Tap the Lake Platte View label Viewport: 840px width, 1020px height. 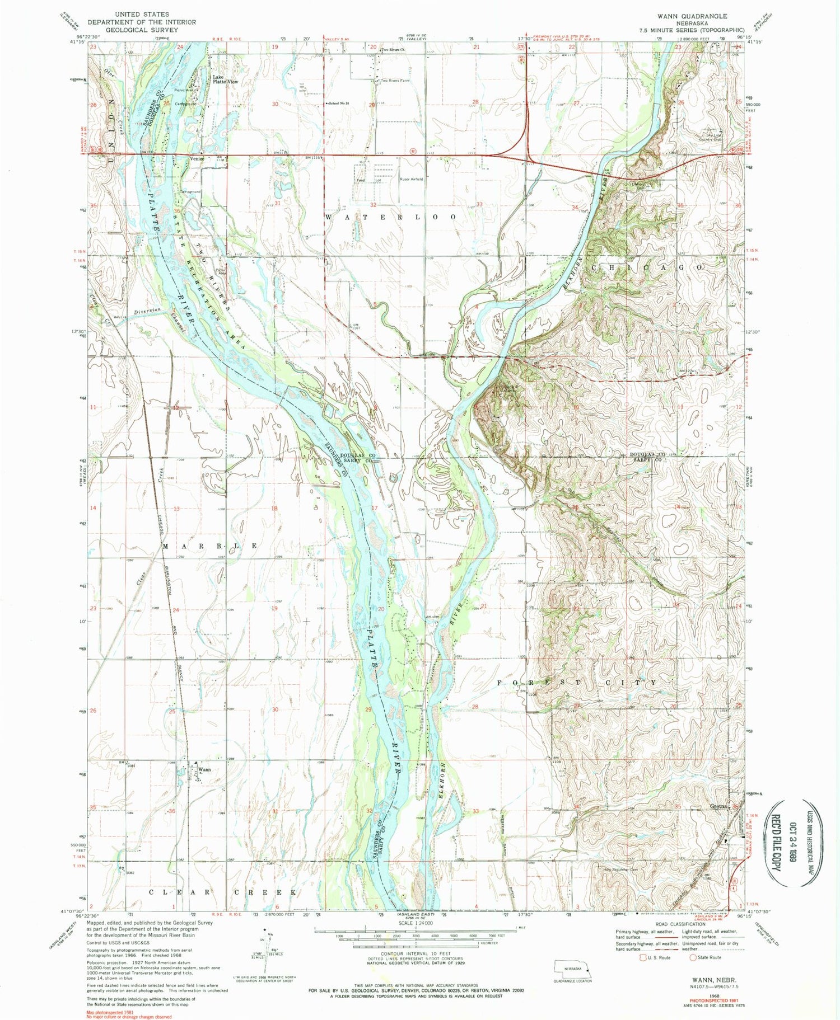click(225, 79)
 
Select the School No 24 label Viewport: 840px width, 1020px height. click(339, 104)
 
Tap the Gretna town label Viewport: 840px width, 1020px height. click(718, 806)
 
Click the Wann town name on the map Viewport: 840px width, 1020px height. click(204, 769)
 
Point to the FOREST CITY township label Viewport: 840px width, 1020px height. click(577, 683)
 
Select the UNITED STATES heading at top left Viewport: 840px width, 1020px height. click(141, 14)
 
